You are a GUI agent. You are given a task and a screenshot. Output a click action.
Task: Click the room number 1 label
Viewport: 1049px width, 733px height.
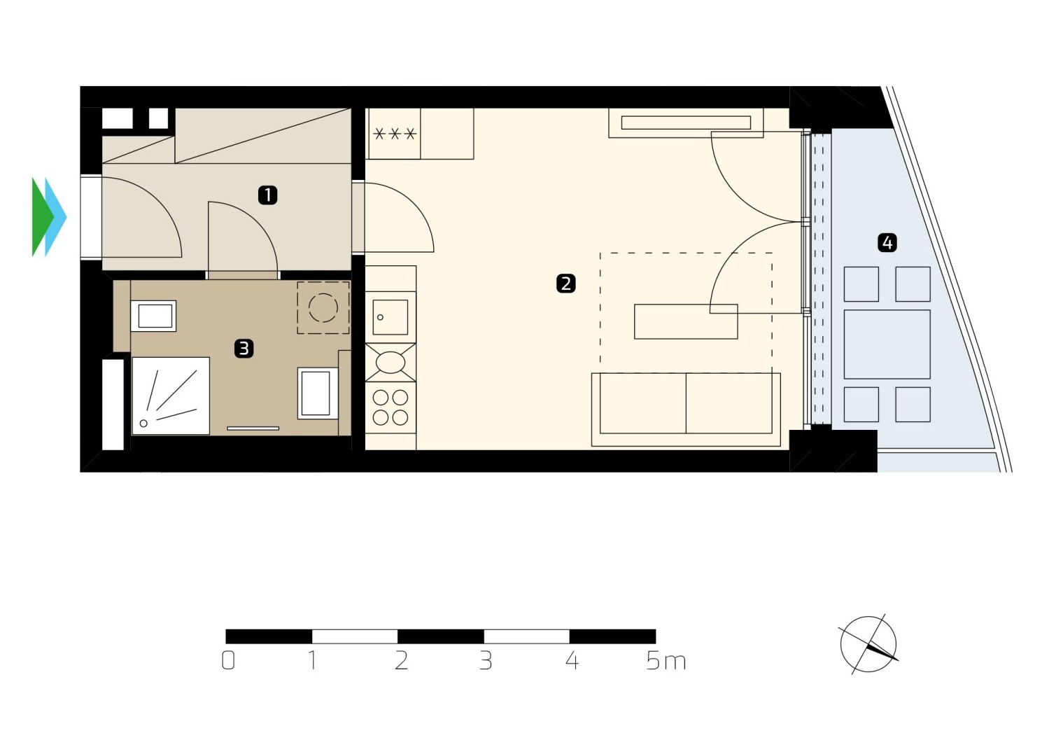(267, 195)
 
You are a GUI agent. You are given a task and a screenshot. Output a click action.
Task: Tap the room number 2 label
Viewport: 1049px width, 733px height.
(565, 284)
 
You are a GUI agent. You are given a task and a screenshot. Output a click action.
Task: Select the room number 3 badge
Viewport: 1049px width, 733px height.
(244, 349)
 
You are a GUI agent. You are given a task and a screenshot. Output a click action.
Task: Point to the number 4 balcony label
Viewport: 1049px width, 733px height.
(887, 243)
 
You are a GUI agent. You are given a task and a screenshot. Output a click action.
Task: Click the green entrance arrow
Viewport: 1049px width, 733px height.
(41, 217)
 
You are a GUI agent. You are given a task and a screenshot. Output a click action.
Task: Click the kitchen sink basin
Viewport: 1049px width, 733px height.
(390, 317)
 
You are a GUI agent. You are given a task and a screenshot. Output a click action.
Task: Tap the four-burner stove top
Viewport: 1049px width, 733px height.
(390, 407)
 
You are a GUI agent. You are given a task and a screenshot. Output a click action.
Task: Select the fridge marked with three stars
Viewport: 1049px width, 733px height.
(394, 134)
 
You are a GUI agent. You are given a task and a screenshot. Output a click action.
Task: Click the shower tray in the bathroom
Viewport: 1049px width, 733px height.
(171, 396)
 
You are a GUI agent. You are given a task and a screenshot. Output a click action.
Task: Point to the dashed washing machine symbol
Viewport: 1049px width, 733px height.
(323, 308)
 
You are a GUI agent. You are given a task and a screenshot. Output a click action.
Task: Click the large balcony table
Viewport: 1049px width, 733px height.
(887, 344)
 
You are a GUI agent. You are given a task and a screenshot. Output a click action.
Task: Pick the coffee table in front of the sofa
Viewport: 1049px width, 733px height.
(686, 321)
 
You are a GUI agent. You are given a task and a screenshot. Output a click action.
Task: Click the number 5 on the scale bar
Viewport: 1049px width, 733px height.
(653, 661)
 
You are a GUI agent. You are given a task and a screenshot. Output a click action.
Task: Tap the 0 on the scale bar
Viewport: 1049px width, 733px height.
(228, 661)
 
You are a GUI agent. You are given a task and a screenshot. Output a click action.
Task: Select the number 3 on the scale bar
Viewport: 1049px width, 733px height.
(486, 661)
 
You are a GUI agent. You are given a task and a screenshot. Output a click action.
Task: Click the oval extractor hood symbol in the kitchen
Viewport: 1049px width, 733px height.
(390, 363)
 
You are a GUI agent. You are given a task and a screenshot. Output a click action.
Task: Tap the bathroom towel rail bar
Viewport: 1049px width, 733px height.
(253, 428)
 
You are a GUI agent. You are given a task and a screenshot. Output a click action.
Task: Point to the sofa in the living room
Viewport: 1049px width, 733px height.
(686, 410)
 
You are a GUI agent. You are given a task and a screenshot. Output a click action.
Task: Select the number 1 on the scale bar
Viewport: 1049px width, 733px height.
(312, 661)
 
